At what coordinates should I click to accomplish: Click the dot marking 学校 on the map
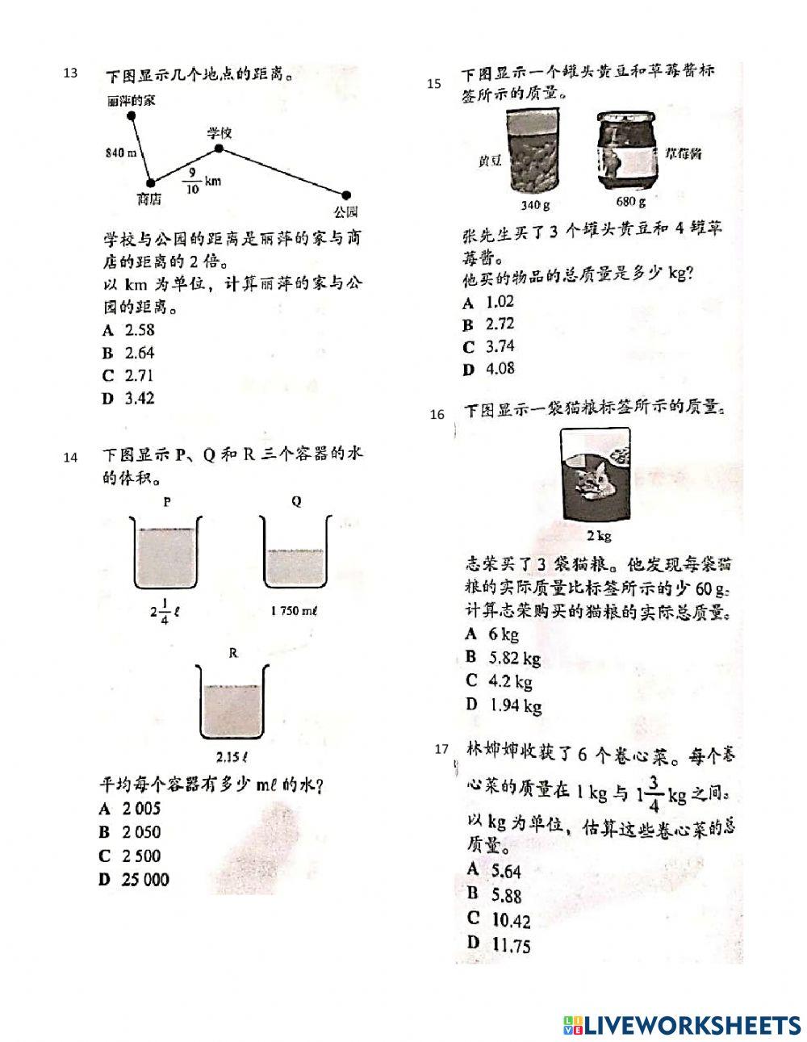coord(218,149)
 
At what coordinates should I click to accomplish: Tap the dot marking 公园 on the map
coord(346,195)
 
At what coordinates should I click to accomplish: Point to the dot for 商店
coord(150,183)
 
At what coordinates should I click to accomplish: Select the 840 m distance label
coord(120,153)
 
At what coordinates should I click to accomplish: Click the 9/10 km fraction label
coord(201,181)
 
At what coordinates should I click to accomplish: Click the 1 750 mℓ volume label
coord(295,611)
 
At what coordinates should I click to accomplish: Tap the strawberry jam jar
coord(627,153)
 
